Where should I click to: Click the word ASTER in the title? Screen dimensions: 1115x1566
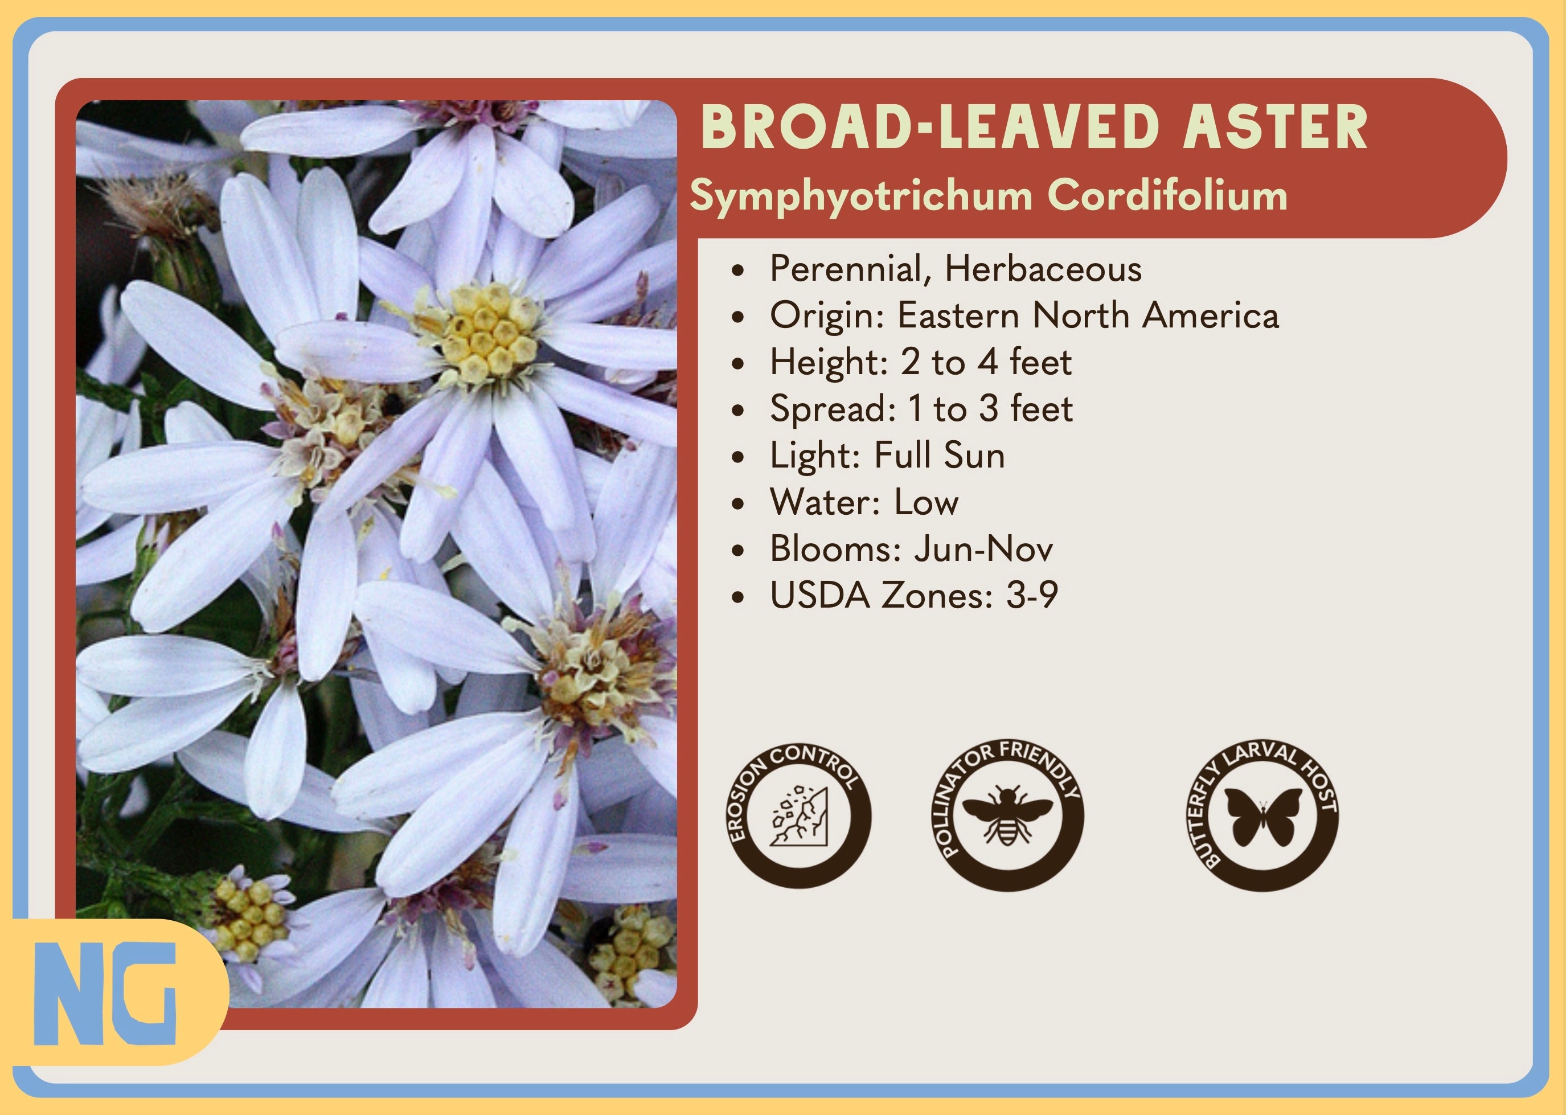(1276, 128)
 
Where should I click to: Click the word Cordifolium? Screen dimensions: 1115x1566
(1167, 195)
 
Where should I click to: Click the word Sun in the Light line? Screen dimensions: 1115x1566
(974, 455)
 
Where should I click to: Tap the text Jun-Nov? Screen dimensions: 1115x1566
(983, 548)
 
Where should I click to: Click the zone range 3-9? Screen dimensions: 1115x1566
(1032, 595)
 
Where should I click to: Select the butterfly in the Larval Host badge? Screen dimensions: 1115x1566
(1263, 817)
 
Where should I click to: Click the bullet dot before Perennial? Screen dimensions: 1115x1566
(738, 270)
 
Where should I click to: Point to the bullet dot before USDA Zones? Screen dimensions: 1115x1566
(738, 597)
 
